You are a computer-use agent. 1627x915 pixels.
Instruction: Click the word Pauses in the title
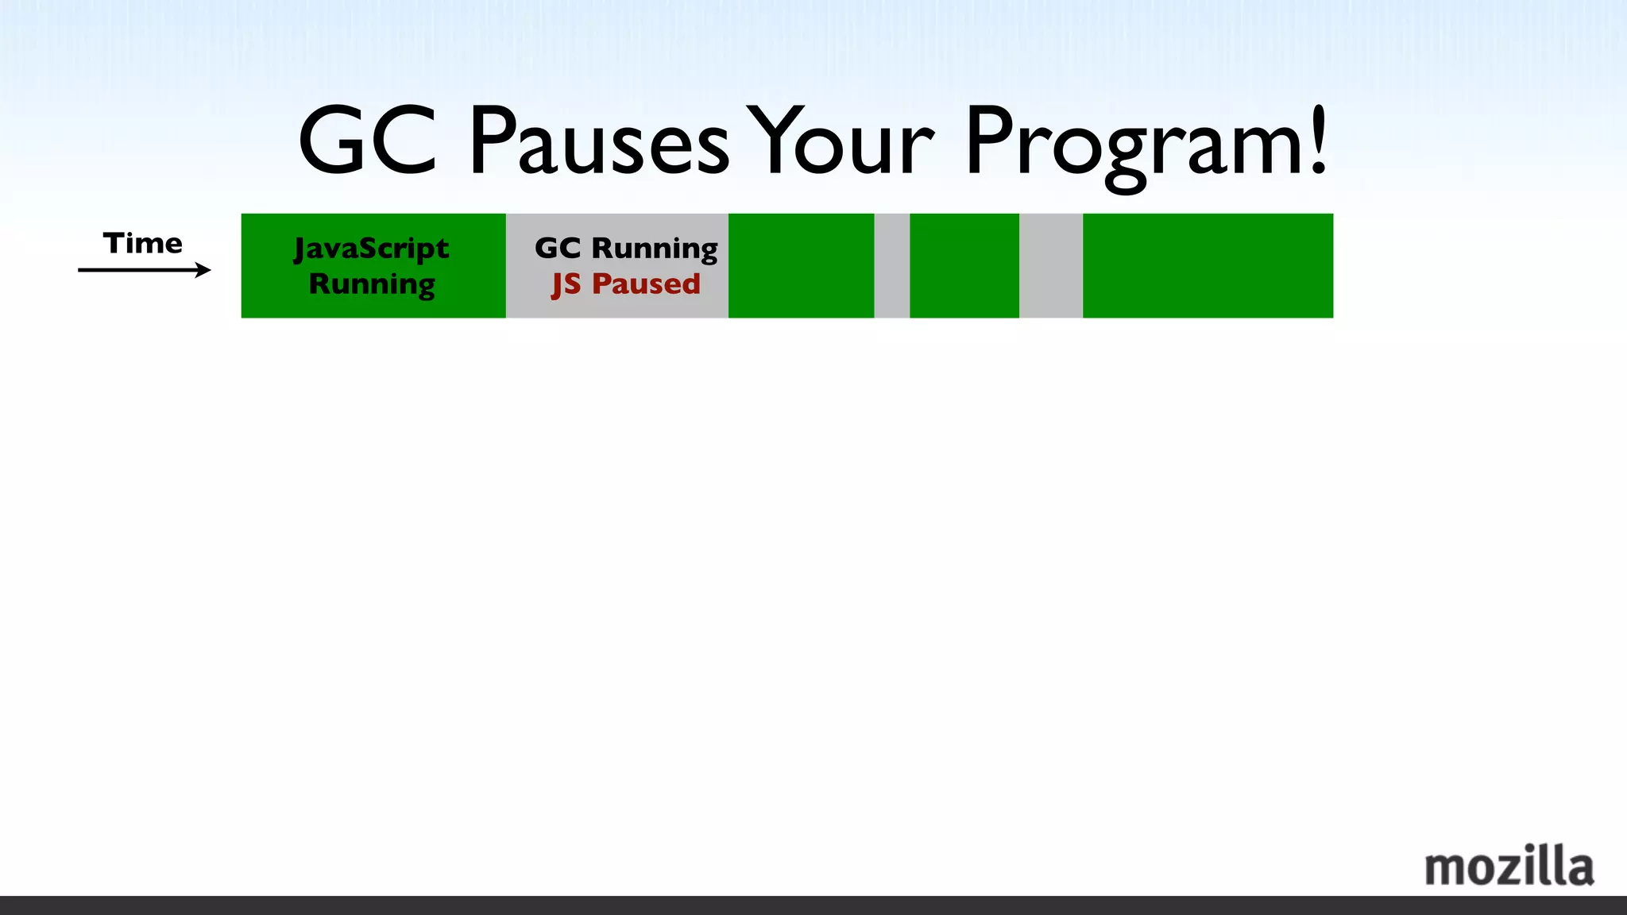598,143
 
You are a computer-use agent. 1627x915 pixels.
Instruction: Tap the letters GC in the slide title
367,143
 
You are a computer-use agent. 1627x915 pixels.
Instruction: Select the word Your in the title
842,143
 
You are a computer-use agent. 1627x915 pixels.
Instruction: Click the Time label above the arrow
143,243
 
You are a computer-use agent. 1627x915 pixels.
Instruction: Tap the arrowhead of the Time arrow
204,270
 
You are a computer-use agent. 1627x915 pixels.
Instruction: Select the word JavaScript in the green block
371,249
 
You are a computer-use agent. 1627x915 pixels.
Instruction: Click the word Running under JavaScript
372,284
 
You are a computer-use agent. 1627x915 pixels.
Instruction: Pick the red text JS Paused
626,284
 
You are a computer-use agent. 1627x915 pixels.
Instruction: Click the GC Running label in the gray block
626,248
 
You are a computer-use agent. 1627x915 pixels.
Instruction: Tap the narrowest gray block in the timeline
891,265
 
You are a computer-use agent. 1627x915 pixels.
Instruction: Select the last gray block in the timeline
1050,265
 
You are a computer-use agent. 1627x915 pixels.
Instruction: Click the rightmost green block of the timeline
1208,265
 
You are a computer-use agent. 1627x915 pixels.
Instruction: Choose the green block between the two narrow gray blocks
964,265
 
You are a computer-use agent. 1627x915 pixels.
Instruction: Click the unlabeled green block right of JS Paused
801,265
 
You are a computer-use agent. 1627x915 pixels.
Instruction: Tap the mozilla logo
1509,867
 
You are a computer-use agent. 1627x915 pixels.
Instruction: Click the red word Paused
646,284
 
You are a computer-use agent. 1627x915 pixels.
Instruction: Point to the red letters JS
566,284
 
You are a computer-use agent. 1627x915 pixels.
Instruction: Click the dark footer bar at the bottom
813,905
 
